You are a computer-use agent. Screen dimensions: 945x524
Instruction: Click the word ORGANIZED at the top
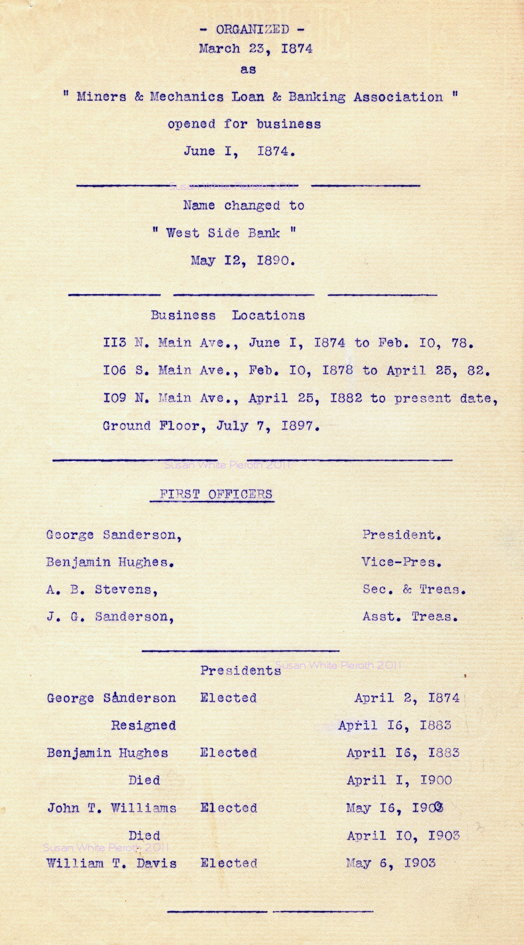click(252, 29)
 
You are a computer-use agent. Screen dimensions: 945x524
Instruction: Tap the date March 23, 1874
click(256, 49)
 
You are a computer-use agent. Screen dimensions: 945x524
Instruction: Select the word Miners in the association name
click(101, 97)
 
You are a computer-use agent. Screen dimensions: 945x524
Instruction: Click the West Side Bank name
click(223, 233)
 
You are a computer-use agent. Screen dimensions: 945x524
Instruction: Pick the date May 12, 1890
click(243, 260)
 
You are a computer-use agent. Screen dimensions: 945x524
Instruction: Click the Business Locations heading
click(228, 315)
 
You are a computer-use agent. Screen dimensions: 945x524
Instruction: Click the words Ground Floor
click(154, 426)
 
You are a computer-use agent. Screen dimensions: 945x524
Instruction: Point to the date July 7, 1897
click(268, 426)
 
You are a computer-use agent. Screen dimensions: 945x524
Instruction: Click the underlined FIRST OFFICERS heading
click(215, 495)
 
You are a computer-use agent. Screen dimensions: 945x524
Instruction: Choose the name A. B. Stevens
click(102, 590)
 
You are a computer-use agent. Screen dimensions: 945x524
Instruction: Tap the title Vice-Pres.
click(401, 562)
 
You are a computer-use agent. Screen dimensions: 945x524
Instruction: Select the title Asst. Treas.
click(410, 616)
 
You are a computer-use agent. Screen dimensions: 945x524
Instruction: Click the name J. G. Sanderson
click(110, 616)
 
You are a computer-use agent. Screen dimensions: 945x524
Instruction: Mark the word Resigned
click(143, 725)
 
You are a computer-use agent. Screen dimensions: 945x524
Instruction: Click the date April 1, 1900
click(399, 780)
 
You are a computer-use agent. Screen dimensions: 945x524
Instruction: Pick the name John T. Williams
click(112, 808)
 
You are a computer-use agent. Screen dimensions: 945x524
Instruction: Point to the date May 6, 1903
click(391, 863)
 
